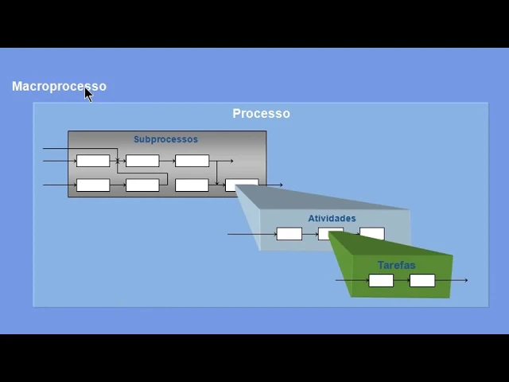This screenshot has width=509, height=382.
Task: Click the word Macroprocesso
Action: coord(59,86)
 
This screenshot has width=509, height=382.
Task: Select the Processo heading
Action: coord(261,114)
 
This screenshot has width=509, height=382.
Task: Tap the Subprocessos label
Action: coord(165,139)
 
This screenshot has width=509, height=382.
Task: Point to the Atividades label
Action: coord(332,218)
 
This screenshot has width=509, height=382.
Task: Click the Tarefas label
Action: coord(396,265)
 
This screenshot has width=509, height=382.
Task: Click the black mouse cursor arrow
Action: coord(88,94)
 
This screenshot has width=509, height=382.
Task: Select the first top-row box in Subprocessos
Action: coord(93,161)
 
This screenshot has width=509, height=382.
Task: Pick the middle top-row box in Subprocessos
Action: coord(142,161)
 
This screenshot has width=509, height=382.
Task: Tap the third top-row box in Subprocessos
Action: coord(192,161)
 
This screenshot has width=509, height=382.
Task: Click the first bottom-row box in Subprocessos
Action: coord(93,185)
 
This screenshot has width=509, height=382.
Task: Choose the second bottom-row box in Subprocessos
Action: coord(142,185)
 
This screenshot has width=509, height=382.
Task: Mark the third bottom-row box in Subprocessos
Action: coord(192,185)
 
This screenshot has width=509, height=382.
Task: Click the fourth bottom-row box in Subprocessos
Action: coord(241,185)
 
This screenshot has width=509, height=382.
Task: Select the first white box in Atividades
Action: coord(289,234)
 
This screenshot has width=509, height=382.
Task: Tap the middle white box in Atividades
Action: coord(331,234)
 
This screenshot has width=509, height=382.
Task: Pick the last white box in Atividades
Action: coord(372,234)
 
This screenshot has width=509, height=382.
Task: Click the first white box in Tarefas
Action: coord(381,280)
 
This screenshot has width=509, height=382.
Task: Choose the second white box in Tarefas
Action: coord(422,280)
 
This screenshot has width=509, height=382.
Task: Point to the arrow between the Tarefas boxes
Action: coord(402,280)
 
